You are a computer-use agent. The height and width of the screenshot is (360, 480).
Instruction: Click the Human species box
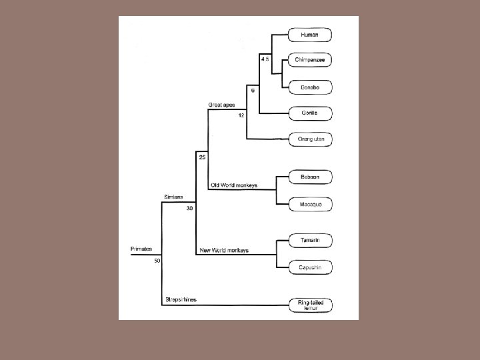[310, 35]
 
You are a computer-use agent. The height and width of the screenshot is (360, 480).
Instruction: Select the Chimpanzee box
[310, 60]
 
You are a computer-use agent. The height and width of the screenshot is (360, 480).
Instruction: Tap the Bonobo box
[310, 87]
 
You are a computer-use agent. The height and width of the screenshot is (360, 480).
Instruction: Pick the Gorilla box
[310, 113]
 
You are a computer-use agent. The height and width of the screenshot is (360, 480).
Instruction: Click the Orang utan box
[310, 139]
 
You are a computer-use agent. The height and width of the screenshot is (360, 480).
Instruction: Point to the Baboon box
[310, 177]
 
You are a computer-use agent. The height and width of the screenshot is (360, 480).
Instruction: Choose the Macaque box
[310, 204]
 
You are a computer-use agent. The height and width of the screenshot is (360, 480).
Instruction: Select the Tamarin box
[310, 240]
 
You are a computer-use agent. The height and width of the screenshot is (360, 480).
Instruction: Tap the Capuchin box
[310, 267]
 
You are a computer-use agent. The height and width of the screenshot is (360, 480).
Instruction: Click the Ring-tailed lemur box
[310, 305]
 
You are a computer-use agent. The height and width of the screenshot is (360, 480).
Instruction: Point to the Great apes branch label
[221, 105]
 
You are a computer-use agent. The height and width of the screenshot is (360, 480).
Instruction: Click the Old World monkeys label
[234, 185]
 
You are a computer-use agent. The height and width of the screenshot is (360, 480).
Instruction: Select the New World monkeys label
[225, 250]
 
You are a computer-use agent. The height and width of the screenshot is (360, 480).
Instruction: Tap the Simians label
[175, 197]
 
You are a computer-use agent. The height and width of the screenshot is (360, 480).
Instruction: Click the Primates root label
[141, 249]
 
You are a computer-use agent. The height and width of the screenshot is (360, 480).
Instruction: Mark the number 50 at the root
[157, 261]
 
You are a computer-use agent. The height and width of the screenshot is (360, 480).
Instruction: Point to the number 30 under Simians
[189, 208]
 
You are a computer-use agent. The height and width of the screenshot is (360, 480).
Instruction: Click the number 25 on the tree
[202, 157]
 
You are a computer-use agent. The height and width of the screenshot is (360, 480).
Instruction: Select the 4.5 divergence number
[265, 60]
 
